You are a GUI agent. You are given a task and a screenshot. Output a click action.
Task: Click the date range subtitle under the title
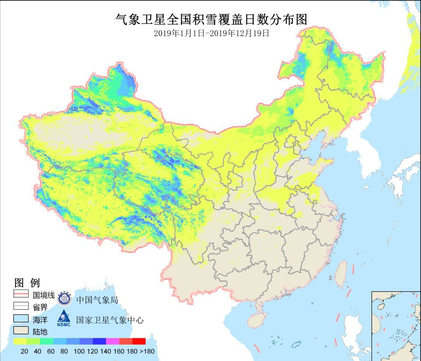[211, 34]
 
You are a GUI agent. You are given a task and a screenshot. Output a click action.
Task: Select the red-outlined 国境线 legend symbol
[21, 294]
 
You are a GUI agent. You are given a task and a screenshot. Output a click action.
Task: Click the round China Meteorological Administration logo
[65, 299]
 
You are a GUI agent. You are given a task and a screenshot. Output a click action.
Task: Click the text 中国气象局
[97, 299]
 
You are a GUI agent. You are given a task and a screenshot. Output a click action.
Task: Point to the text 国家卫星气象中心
[110, 320]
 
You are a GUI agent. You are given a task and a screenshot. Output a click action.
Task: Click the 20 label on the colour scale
[24, 351]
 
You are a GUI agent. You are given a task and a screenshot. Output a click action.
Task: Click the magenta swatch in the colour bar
[113, 342]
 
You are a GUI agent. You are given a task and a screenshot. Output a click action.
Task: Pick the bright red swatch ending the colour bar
[139, 342]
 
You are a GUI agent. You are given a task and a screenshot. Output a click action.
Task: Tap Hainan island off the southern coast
[256, 320]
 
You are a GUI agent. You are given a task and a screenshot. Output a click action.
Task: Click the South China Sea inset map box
[396, 326]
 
